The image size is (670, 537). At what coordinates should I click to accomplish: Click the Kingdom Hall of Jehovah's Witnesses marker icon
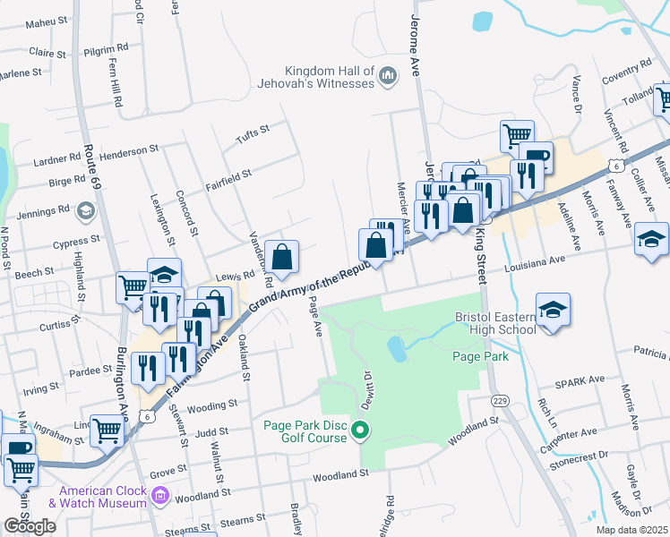coord(388,77)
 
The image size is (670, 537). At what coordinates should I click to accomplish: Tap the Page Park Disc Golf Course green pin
coord(360,432)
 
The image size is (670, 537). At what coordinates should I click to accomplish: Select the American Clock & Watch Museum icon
coord(160,495)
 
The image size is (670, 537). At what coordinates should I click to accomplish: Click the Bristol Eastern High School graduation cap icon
coord(553,311)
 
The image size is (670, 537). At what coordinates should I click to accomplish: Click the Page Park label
coord(480,356)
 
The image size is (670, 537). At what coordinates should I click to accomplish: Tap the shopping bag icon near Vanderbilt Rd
coord(282,257)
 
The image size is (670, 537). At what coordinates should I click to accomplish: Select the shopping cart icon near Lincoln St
coord(107,430)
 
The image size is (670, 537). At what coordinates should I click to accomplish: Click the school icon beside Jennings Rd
coord(85,211)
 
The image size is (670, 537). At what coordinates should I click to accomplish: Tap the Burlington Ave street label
coord(120,388)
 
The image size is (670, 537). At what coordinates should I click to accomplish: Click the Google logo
coord(30,525)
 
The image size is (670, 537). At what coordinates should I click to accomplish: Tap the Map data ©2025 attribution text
coord(631,530)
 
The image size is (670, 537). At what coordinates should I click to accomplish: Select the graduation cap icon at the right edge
coord(651,239)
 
